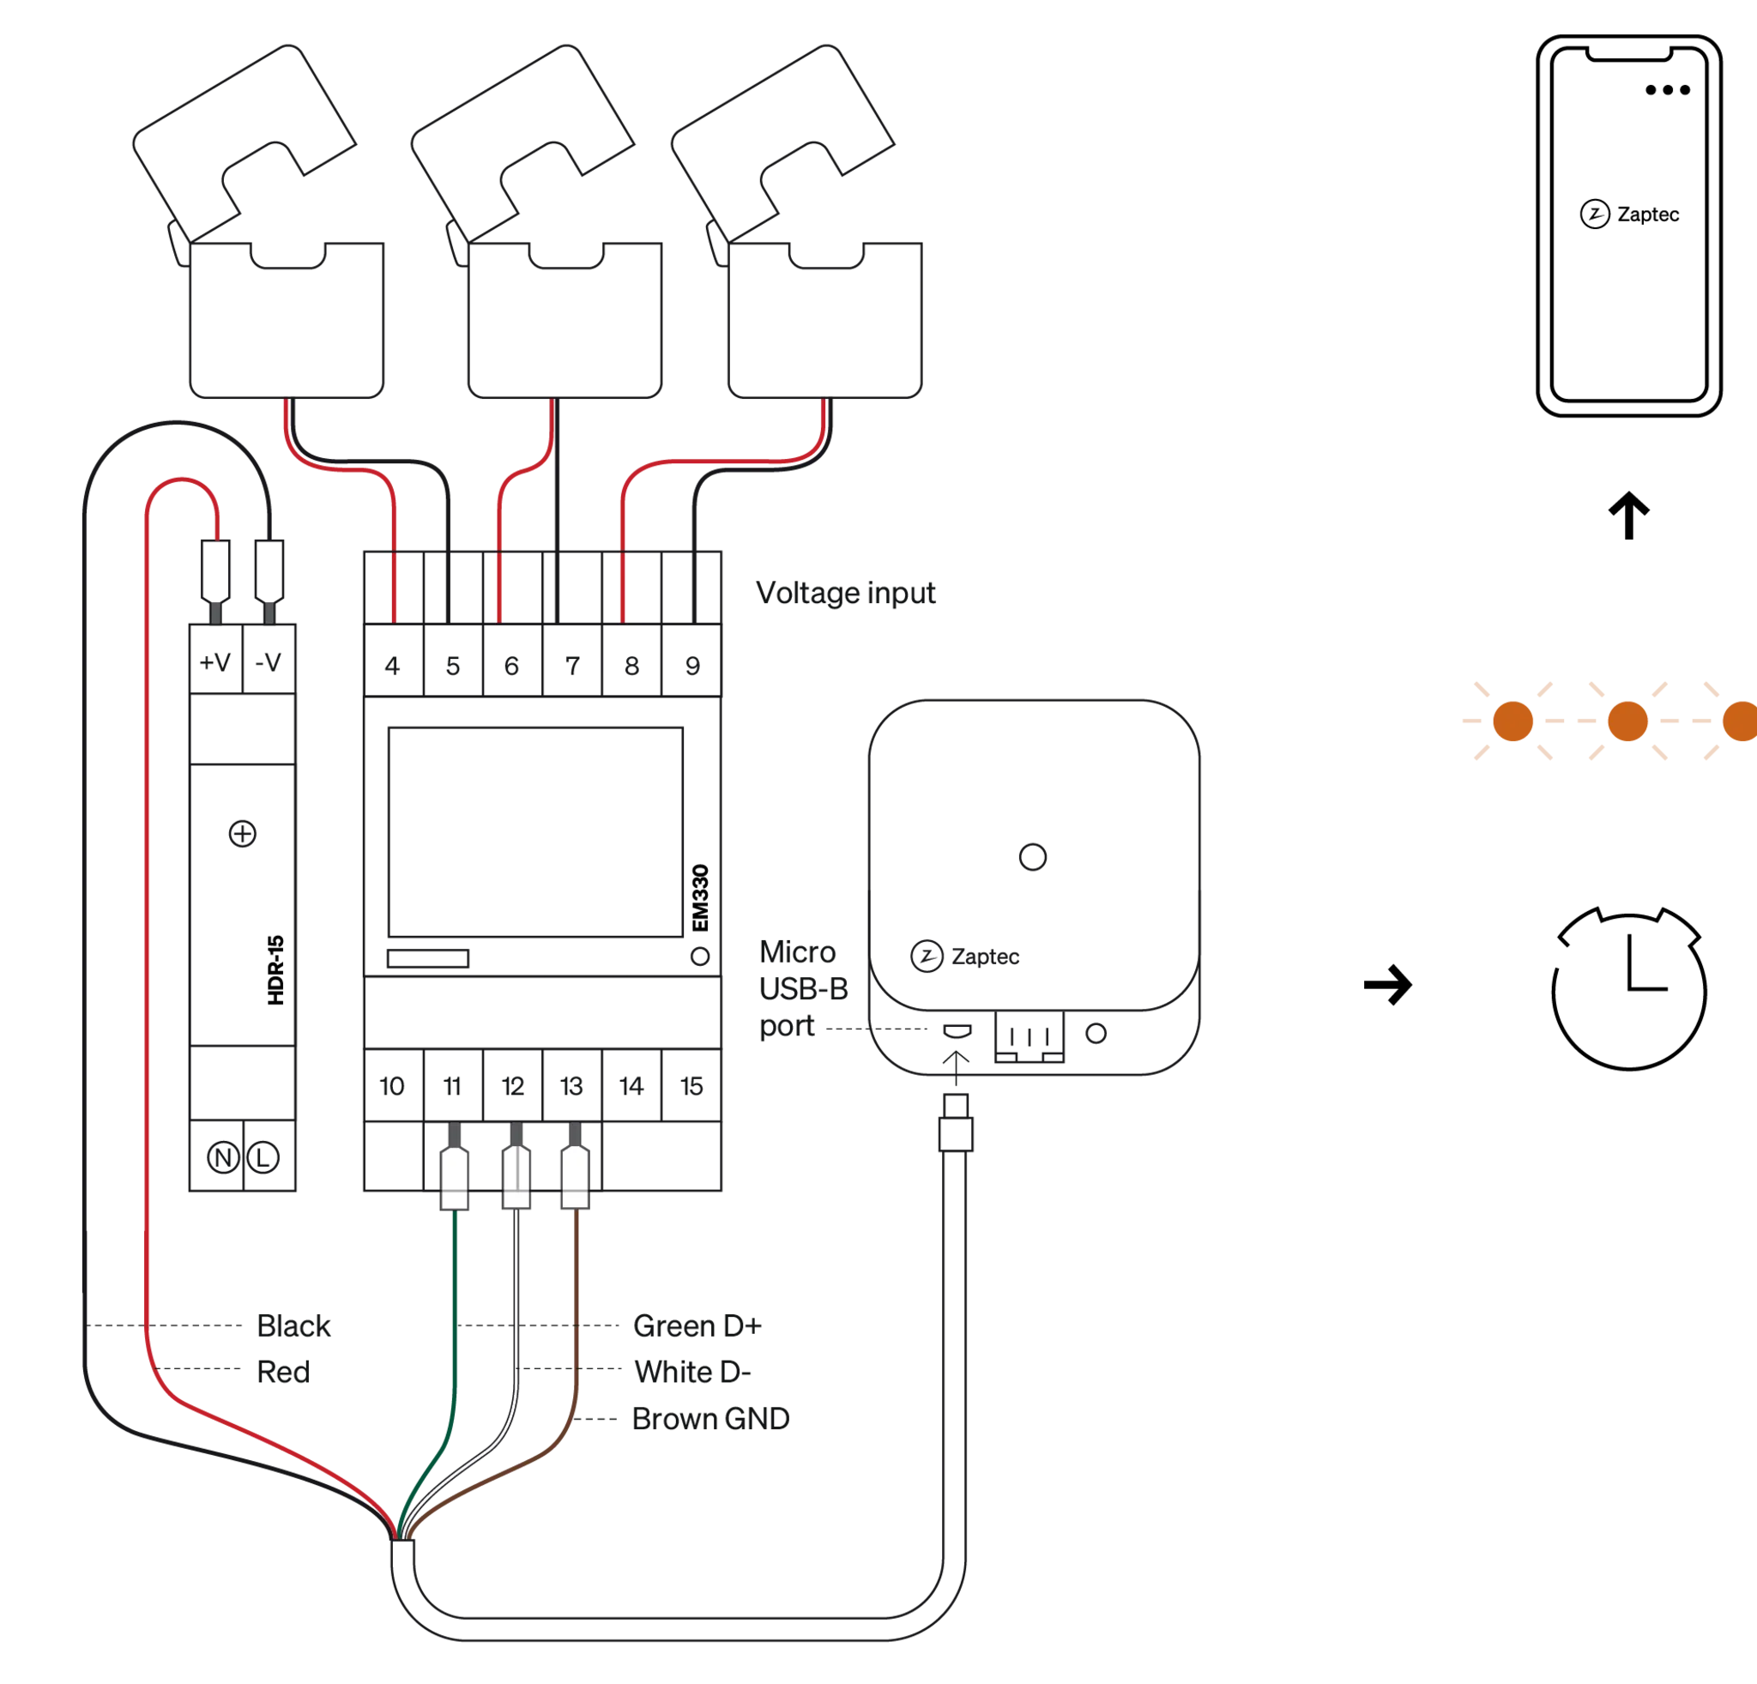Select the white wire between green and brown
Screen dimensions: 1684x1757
click(517, 1300)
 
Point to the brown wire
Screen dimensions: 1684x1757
click(577, 1300)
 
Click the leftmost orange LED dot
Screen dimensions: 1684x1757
click(1512, 721)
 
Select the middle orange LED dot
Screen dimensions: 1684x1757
click(1627, 721)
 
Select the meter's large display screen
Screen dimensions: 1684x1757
click(535, 834)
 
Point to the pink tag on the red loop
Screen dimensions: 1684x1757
click(240, 521)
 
